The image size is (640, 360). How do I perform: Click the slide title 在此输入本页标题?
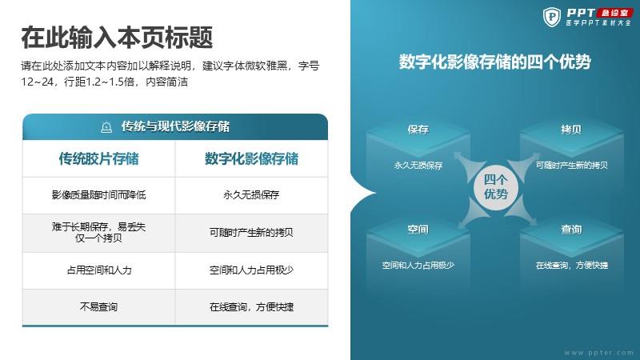[117, 37]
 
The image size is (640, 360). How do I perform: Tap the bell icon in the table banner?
[106, 127]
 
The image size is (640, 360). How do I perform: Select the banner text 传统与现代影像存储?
[175, 126]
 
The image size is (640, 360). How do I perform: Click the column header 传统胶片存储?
[98, 158]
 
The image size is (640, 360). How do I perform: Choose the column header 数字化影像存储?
[251, 158]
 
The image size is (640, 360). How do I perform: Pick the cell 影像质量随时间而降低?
[98, 194]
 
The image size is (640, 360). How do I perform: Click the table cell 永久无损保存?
[251, 194]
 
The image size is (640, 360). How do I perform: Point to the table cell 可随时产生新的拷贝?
[251, 232]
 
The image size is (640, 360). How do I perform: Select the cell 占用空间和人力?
[98, 270]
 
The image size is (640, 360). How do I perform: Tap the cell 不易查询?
[98, 306]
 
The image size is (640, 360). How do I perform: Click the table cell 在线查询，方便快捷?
[251, 306]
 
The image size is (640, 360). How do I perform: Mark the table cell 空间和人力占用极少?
[251, 270]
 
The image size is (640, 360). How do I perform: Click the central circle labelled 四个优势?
[496, 187]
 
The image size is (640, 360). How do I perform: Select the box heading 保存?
[418, 130]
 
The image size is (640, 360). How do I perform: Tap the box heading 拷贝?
[571, 130]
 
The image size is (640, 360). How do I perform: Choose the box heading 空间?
[418, 230]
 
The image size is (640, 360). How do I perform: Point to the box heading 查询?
[571, 230]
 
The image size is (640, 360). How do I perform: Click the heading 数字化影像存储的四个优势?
[494, 62]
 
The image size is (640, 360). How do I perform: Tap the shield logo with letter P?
[552, 17]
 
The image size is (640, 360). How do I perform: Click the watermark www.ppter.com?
[598, 352]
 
